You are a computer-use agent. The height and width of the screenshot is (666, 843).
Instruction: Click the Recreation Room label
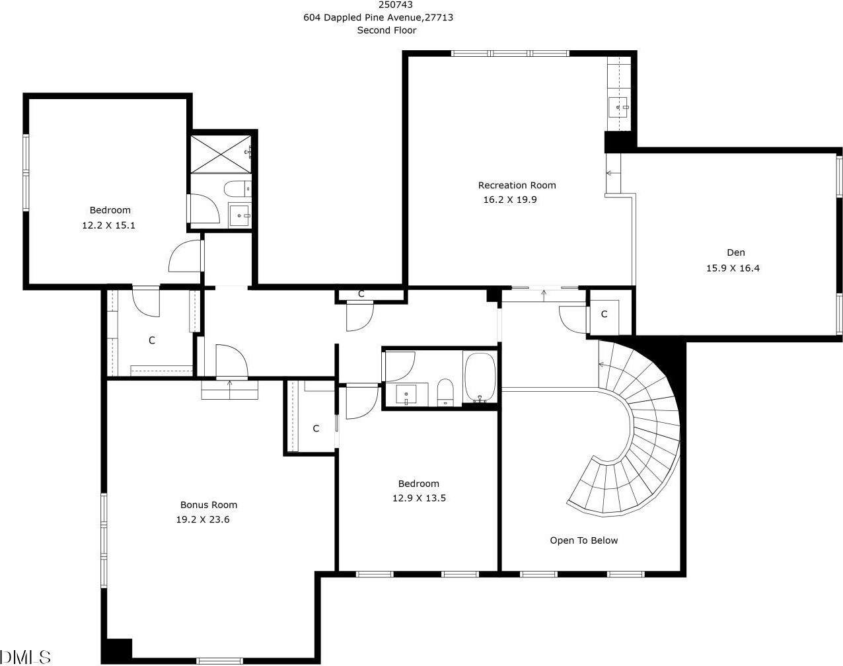pyautogui.click(x=517, y=186)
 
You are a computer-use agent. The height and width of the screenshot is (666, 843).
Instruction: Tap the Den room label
pyautogui.click(x=735, y=252)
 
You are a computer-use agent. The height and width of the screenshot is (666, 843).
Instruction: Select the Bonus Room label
pyautogui.click(x=209, y=505)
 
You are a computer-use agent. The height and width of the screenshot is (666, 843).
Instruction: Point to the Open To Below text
pyautogui.click(x=583, y=540)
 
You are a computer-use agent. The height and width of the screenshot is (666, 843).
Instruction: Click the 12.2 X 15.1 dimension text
pyautogui.click(x=109, y=225)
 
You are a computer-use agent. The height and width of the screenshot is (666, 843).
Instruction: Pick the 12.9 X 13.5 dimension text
pyautogui.click(x=419, y=498)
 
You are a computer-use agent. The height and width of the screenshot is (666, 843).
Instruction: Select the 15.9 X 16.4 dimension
pyautogui.click(x=733, y=268)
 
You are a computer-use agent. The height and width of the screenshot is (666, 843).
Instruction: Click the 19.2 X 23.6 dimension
pyautogui.click(x=202, y=519)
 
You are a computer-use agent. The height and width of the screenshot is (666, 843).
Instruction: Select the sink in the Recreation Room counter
pyautogui.click(x=618, y=104)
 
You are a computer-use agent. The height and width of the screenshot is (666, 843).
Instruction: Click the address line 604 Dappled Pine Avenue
pyautogui.click(x=378, y=18)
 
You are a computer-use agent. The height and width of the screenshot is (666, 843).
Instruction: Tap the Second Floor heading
pyautogui.click(x=386, y=30)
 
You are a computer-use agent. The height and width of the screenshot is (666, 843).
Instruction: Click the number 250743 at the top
pyautogui.click(x=387, y=5)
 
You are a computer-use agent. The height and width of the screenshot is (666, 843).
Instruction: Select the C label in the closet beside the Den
pyautogui.click(x=604, y=314)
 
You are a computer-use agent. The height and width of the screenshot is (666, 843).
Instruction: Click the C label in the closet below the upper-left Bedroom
pyautogui.click(x=152, y=340)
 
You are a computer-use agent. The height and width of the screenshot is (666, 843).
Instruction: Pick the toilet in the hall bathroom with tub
pyautogui.click(x=445, y=392)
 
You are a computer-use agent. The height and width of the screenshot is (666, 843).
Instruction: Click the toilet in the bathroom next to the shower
pyautogui.click(x=237, y=190)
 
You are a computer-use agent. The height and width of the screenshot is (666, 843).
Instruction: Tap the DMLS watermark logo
pyautogui.click(x=25, y=657)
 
